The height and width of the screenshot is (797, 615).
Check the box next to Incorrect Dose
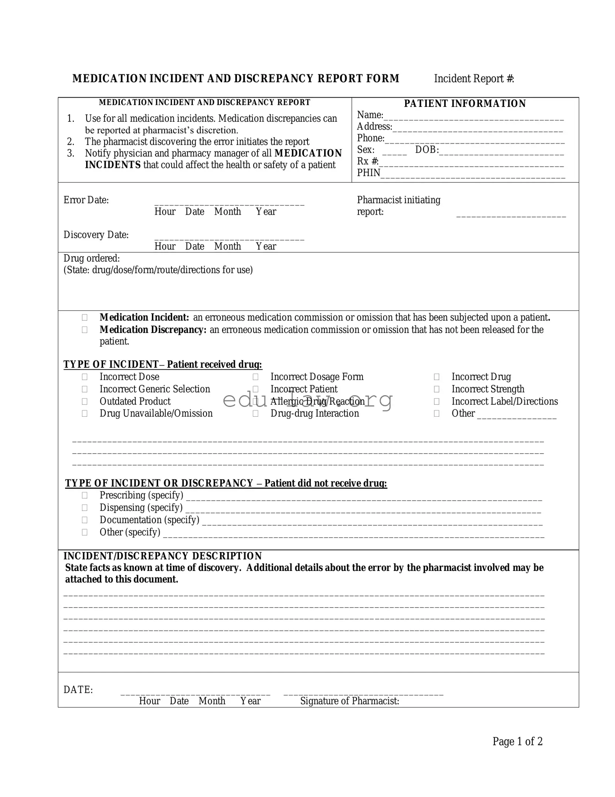[x=85, y=377]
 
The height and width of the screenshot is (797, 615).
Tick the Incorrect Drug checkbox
[x=436, y=377]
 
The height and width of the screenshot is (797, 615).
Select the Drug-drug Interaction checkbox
[x=255, y=414]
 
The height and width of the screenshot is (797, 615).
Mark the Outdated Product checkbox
[x=85, y=401]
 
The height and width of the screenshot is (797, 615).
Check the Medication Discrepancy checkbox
[x=85, y=330]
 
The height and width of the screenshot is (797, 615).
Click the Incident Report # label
[x=473, y=79]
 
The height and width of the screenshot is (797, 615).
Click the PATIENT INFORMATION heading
[x=465, y=104]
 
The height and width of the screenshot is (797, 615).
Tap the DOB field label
[x=427, y=150]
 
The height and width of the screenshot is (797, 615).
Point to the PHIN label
[x=368, y=173]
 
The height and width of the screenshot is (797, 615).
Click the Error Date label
[x=86, y=200]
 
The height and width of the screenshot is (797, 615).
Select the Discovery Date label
[x=96, y=235]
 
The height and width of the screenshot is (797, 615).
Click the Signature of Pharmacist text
[x=349, y=701]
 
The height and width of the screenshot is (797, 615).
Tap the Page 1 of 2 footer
[x=517, y=741]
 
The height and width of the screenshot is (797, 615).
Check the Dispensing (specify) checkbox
[x=85, y=508]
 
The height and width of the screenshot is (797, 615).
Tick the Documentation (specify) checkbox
[x=85, y=520]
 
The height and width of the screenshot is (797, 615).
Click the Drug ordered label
[x=92, y=258]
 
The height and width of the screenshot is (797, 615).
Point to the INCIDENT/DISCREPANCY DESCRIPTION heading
[x=163, y=556]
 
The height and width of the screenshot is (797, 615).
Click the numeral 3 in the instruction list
[x=71, y=154]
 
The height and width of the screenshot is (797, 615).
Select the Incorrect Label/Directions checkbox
[x=436, y=401]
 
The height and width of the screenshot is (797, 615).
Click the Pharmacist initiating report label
[x=398, y=206]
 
